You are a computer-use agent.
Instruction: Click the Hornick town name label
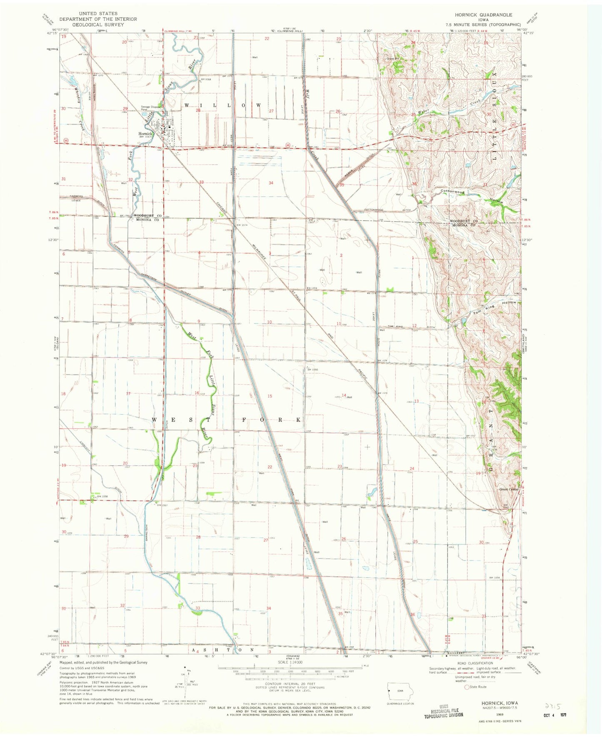[146, 134]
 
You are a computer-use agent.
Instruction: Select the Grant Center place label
[509, 489]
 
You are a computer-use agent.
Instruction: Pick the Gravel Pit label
[393, 59]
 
